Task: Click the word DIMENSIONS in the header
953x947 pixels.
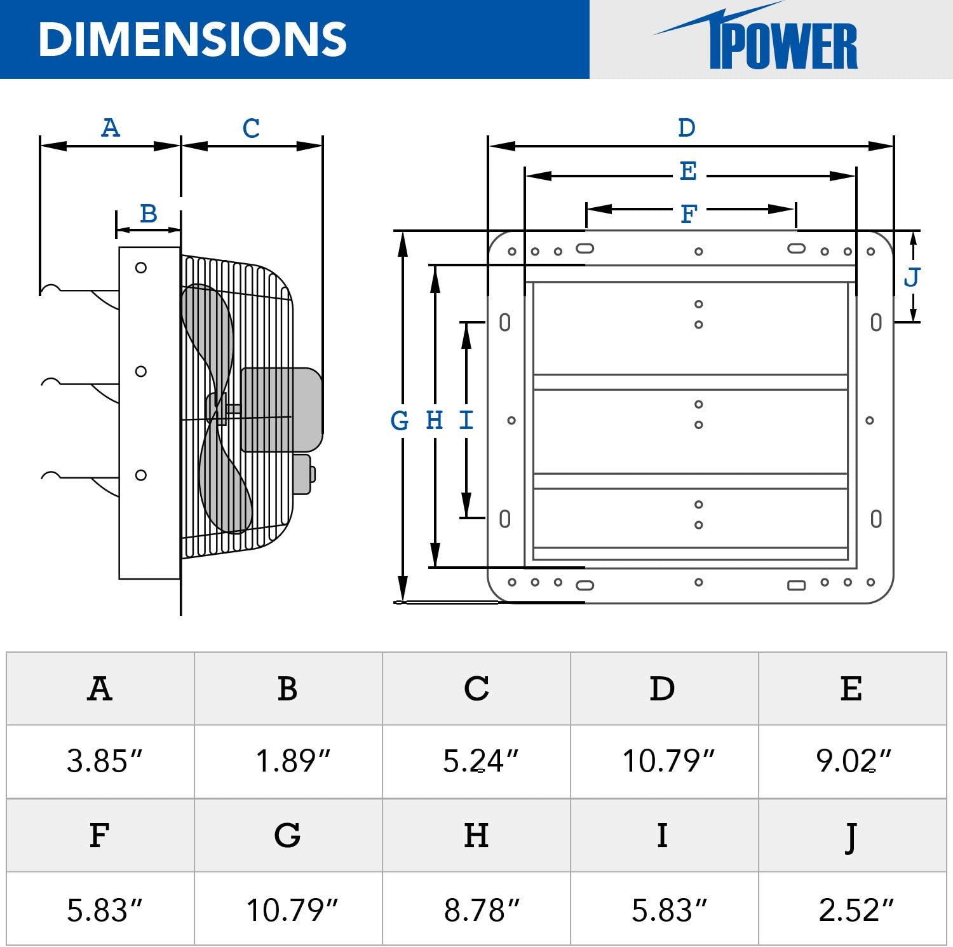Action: (193, 39)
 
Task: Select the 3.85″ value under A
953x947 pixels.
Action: (104, 761)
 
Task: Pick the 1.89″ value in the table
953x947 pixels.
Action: (292, 761)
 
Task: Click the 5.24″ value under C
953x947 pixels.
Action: (480, 761)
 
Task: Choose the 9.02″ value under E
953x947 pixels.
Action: (853, 761)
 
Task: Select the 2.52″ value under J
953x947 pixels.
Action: (855, 910)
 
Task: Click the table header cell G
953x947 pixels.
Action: (287, 835)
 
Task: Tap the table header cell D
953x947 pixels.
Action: (662, 688)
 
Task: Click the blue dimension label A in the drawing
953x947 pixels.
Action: (111, 128)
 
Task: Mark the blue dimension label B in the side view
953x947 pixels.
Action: (148, 214)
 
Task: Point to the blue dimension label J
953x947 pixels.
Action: (912, 277)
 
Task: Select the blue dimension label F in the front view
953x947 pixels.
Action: (689, 214)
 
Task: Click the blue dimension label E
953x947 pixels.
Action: (688, 172)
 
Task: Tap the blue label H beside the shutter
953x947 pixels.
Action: (435, 420)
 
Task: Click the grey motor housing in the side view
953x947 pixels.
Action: (281, 409)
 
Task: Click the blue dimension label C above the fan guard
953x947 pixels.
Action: (251, 128)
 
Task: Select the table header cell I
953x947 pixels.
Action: (662, 835)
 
